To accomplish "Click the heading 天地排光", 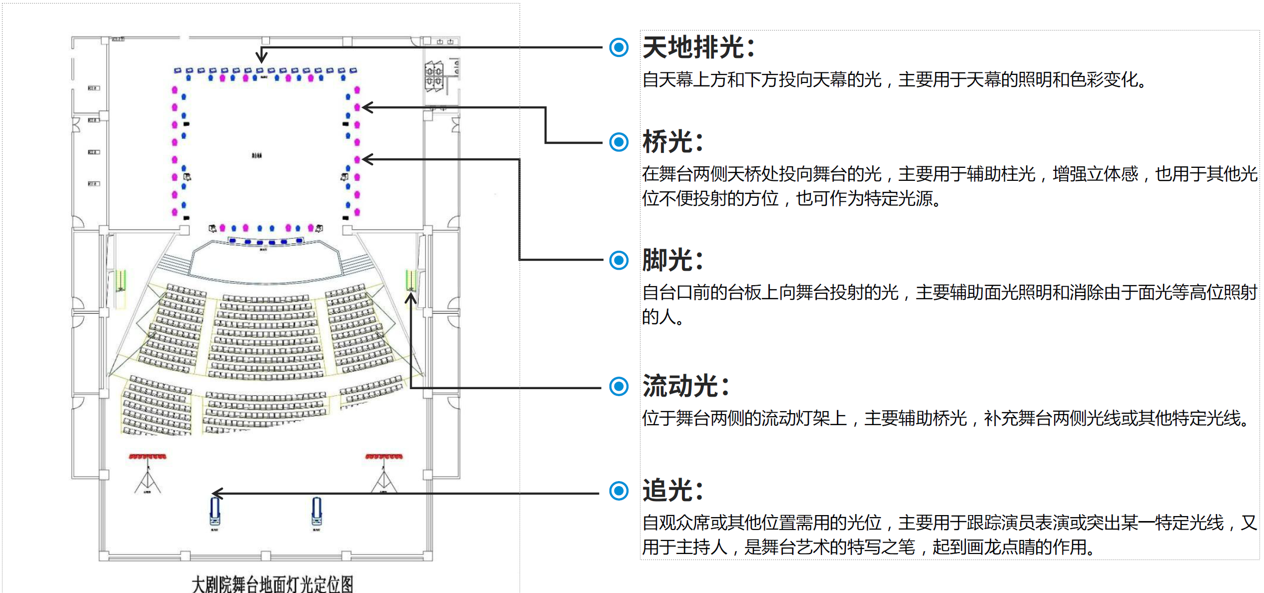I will click(x=698, y=47).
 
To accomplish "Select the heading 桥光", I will click(x=672, y=142).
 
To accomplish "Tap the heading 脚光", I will click(x=672, y=260).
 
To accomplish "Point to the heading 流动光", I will click(x=685, y=386).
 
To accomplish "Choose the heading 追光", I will click(x=672, y=491).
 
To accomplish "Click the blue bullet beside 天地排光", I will click(x=619, y=47).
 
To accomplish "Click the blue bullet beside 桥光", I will click(x=619, y=142).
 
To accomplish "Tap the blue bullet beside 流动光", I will click(x=619, y=386).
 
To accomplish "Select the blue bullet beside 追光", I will click(x=619, y=491).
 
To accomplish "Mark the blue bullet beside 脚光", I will click(x=619, y=260).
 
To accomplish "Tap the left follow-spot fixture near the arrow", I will click(x=215, y=513).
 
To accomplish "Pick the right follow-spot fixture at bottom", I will click(x=317, y=513).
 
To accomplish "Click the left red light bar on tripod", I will click(x=147, y=457).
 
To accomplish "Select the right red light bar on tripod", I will click(x=384, y=457).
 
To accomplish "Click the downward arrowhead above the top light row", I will click(x=261, y=57).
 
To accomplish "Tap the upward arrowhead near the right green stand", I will click(x=411, y=298).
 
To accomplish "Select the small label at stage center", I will click(x=257, y=156).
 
